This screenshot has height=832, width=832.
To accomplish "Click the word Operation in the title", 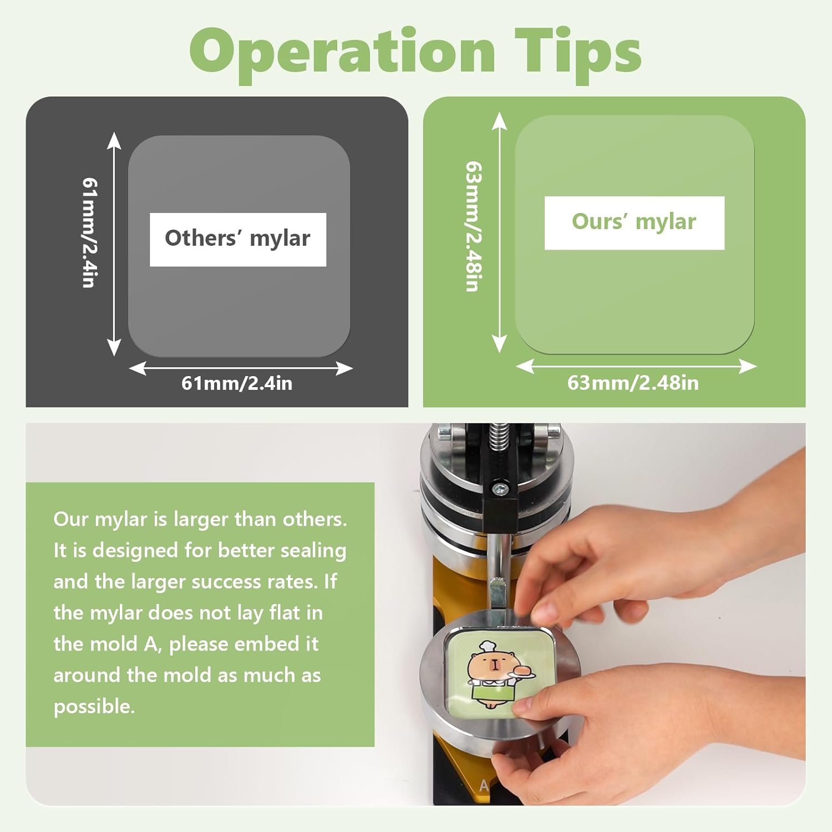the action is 343,52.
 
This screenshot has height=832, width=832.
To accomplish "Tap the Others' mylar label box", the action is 238,240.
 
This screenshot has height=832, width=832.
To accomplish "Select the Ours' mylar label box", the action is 635,223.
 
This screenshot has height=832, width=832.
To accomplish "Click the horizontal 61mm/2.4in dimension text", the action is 237,383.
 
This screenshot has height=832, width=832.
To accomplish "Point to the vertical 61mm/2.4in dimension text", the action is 90,232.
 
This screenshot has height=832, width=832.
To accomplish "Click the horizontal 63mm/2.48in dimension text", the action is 633,383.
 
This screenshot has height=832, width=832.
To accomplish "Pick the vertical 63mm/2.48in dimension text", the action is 473,226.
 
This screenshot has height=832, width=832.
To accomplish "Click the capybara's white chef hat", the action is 488,646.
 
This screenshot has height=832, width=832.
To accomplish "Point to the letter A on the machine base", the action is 484,785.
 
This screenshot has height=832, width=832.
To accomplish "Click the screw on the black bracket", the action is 500,489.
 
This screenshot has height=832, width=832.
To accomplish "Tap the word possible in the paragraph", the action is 94,707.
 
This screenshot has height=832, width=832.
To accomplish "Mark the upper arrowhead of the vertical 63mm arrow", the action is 499,120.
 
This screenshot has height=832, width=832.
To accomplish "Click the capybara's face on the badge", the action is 486,666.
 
